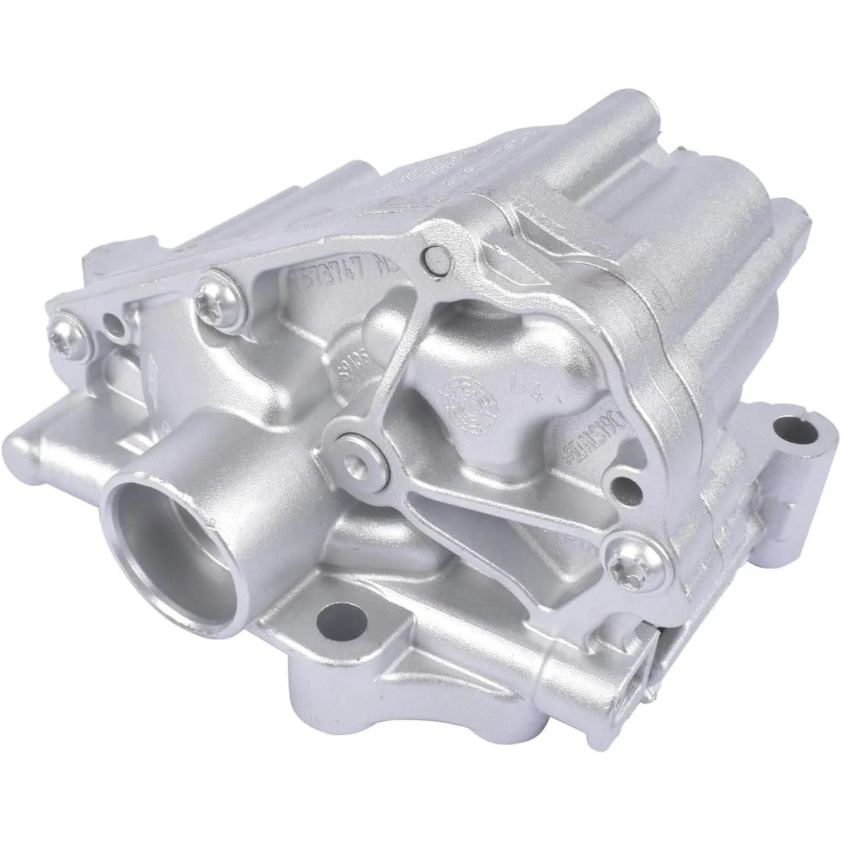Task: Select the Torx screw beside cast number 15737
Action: click(209, 292)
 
